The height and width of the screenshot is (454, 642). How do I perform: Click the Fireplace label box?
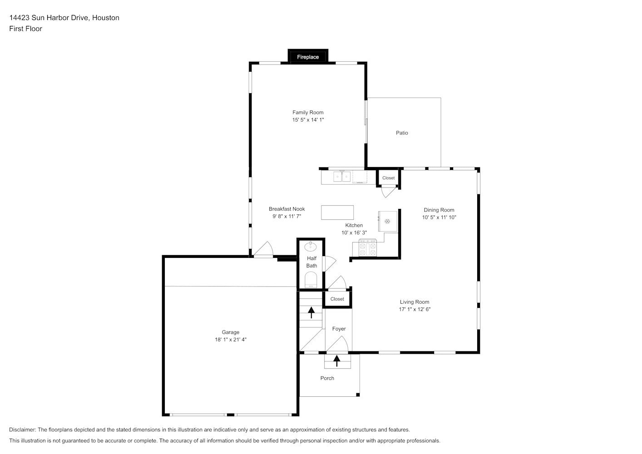[308, 57]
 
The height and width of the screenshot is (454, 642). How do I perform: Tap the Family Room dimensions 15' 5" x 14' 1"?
[308, 120]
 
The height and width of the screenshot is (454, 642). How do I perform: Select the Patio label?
[402, 133]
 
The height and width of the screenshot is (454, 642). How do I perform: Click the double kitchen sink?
[342, 176]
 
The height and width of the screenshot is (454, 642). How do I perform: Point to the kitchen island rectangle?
[337, 212]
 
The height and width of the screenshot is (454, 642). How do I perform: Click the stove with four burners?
[368, 248]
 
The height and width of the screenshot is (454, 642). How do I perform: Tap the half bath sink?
[311, 246]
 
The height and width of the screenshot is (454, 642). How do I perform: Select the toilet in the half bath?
[311, 280]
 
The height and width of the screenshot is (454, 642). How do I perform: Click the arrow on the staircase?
[311, 312]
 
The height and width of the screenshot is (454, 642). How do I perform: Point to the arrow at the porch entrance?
[337, 360]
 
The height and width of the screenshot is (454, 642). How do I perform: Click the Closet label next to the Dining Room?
[388, 178]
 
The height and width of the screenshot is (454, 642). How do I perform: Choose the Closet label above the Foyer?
[337, 299]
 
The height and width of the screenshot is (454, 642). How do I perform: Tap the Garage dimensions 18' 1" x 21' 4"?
[231, 340]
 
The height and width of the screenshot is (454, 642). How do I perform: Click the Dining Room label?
[439, 210]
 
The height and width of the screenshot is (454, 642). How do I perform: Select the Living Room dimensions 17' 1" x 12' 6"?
[415, 309]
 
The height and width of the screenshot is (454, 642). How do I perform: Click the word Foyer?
[339, 329]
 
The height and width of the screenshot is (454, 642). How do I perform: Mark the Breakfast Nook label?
[287, 209]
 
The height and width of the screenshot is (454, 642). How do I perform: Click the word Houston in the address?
[106, 18]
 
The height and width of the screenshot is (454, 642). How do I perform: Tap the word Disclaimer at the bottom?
[23, 429]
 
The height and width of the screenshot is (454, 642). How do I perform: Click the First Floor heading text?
[25, 29]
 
